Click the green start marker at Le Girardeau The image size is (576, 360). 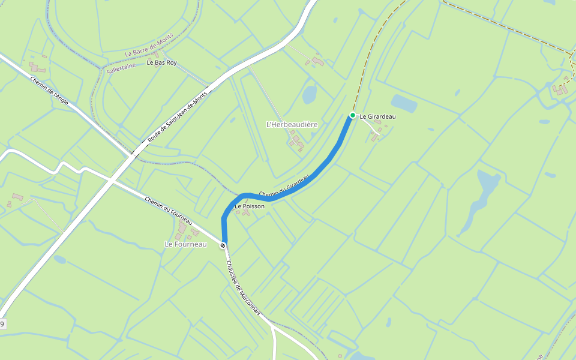(353, 115)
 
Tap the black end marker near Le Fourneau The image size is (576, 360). (223, 245)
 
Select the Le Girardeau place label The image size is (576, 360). (377, 116)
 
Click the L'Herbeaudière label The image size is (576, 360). (292, 124)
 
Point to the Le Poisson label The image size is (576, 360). (250, 206)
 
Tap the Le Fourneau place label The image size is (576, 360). (185, 244)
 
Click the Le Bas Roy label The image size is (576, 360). (161, 62)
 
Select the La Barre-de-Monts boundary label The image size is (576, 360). (149, 45)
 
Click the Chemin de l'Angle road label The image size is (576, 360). (49, 91)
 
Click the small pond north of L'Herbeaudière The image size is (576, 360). (310, 94)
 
